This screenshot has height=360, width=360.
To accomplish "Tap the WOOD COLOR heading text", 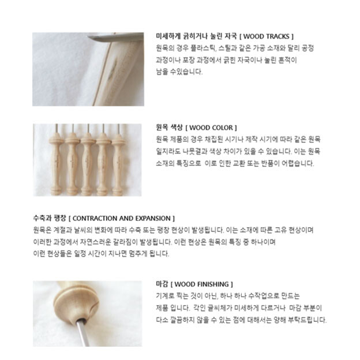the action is (211, 127).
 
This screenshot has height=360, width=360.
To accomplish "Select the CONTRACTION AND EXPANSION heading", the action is (122, 218).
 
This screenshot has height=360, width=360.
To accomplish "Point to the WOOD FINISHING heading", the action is (201, 284).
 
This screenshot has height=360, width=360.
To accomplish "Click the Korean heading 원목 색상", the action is (169, 127).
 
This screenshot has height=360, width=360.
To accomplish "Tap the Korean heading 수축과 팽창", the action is (50, 218).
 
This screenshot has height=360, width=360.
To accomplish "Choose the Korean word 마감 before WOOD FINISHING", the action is (162, 284).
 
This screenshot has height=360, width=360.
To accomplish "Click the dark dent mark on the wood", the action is (113, 68).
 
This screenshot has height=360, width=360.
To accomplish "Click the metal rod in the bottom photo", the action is (83, 332).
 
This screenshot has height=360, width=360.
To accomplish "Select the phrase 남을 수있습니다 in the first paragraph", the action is (179, 72).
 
